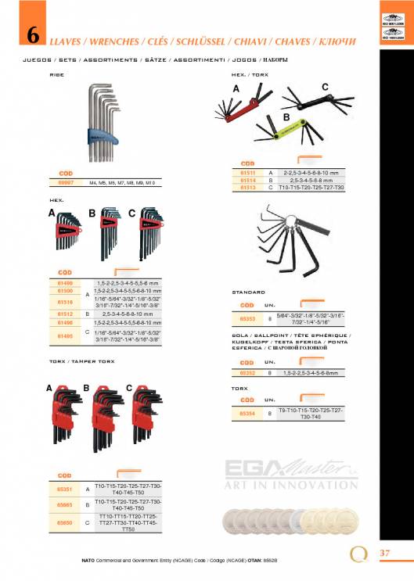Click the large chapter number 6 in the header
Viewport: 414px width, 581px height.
coord(33,35)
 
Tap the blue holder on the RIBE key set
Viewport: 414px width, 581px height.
coord(112,141)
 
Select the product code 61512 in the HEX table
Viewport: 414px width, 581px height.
coord(65,313)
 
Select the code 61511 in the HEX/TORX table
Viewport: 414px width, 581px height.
coord(248,172)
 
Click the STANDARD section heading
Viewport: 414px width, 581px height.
coord(248,292)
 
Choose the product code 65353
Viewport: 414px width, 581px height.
coord(247,318)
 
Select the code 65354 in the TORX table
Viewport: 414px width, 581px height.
coord(247,413)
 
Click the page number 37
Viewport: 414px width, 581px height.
coord(384,554)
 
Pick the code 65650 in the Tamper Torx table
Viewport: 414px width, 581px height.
coord(65,522)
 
